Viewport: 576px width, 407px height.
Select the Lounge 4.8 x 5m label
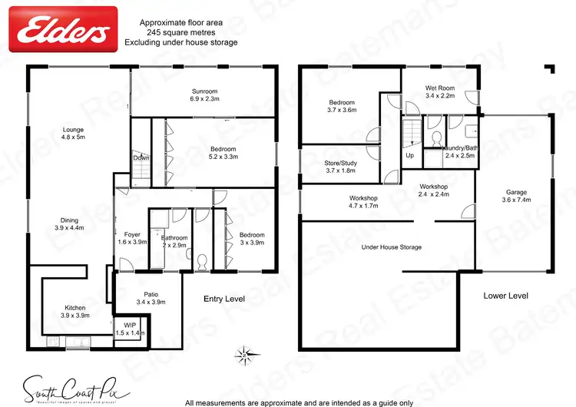tap(73, 134)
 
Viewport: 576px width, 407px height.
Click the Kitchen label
tap(75, 311)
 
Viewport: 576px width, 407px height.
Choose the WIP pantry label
tap(129, 329)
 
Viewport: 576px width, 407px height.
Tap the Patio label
tap(151, 297)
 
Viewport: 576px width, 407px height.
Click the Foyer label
tap(131, 237)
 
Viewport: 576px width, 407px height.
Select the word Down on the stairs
tap(140, 158)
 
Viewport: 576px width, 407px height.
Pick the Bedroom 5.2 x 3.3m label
tap(223, 152)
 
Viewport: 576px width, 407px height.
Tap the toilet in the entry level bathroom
tap(203, 262)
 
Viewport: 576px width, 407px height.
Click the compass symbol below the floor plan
tap(243, 354)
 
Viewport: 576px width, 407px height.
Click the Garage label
tap(515, 196)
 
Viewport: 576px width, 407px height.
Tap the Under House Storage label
tap(391, 247)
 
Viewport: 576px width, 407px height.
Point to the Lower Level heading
tap(505, 295)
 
